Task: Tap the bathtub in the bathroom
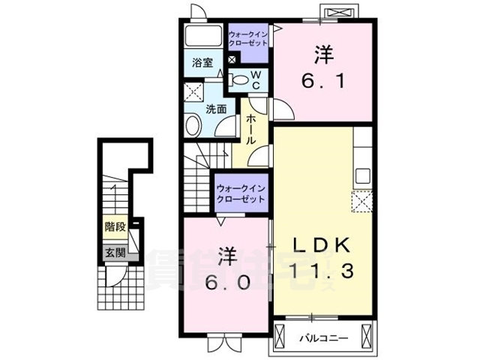click(202, 37)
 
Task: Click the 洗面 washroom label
click(216, 108)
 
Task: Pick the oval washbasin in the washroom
click(193, 126)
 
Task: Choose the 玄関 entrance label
click(114, 253)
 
